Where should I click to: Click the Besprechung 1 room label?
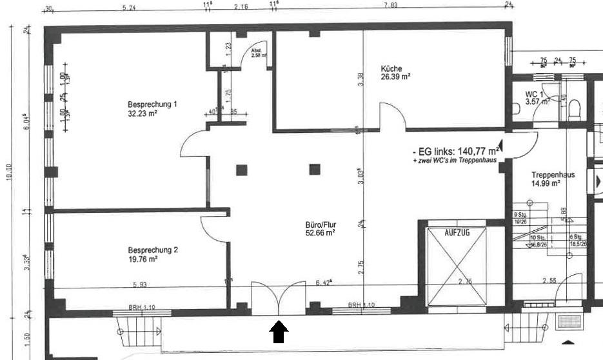coord(152,105)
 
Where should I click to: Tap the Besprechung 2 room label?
coord(152,250)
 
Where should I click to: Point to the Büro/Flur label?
coord(321,225)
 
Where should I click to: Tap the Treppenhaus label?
coord(553,175)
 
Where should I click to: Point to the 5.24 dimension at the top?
coord(128,7)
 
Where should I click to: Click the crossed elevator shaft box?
coord(458,266)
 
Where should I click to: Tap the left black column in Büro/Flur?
coord(241,170)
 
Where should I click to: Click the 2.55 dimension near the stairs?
coord(549,281)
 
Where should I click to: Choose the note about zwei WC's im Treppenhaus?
coord(455,161)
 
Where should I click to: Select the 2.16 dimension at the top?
coord(241,7)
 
